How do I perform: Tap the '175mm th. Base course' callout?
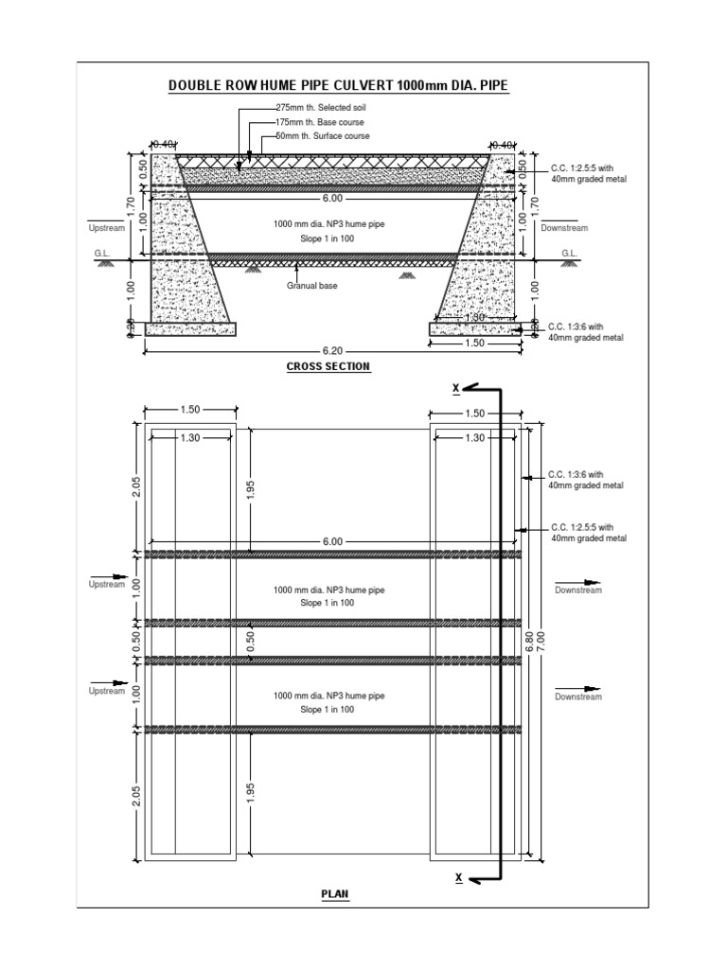(320, 123)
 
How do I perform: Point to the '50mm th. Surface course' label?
(323, 136)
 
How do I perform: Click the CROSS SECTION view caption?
(328, 366)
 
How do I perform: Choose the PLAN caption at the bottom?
(335, 893)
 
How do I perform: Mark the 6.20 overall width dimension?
(330, 349)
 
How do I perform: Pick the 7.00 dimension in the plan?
(542, 643)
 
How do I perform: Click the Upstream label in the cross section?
(106, 228)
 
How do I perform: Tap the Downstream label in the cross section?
(564, 228)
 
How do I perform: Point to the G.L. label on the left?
(101, 254)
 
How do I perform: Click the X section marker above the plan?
(456, 389)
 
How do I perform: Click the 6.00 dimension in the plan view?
(331, 542)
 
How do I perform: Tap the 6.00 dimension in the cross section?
(331, 199)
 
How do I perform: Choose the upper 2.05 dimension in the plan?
(136, 487)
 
